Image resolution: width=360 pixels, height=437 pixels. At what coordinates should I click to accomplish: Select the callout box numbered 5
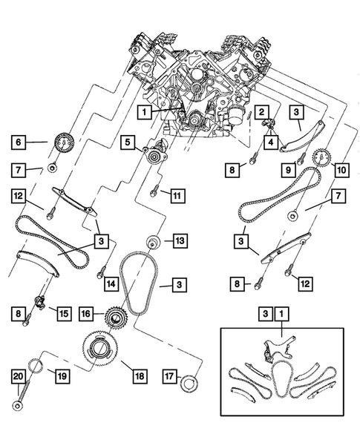[x=127, y=140]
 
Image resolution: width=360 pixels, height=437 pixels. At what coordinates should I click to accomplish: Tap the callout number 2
[x=261, y=112]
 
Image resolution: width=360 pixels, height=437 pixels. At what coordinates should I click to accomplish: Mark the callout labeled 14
[x=111, y=283]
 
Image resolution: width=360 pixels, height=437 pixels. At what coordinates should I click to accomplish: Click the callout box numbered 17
[x=169, y=376]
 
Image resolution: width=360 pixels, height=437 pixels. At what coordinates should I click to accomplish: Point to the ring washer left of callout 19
[x=33, y=367]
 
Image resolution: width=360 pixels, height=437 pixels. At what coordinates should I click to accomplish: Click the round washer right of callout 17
[x=193, y=381]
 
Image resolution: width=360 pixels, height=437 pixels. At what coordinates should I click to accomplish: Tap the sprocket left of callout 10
[x=321, y=159]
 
